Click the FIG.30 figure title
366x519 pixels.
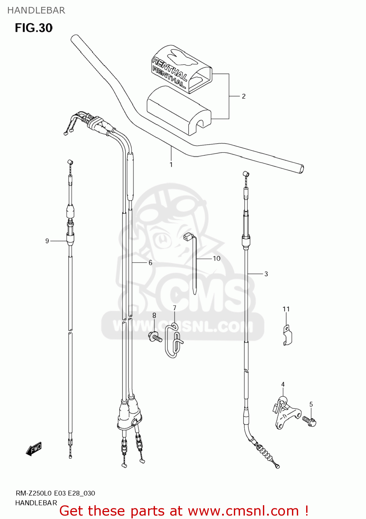34,28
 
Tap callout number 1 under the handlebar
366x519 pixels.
171,165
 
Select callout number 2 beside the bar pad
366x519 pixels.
244,96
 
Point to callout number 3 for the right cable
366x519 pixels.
266,274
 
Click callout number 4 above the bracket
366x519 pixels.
283,384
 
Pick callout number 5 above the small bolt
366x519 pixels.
311,404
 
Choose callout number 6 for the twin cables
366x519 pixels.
150,263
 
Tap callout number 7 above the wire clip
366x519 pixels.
175,308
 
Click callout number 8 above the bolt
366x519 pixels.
154,315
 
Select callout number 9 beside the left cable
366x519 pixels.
47,241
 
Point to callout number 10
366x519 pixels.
217,258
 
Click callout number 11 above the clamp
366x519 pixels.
286,309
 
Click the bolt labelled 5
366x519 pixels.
310,421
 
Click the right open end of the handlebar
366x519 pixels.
301,169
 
